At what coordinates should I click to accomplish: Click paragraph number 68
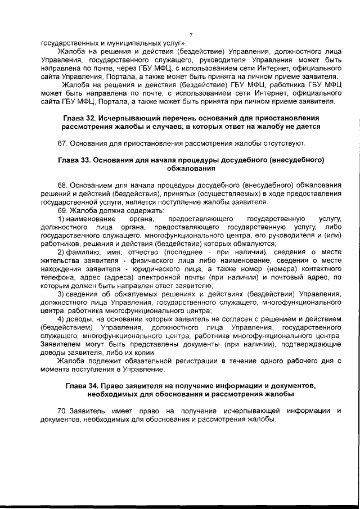pos(62,185)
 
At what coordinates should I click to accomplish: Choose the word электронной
pos(157,277)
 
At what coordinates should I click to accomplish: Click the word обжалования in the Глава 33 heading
pos(191,168)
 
